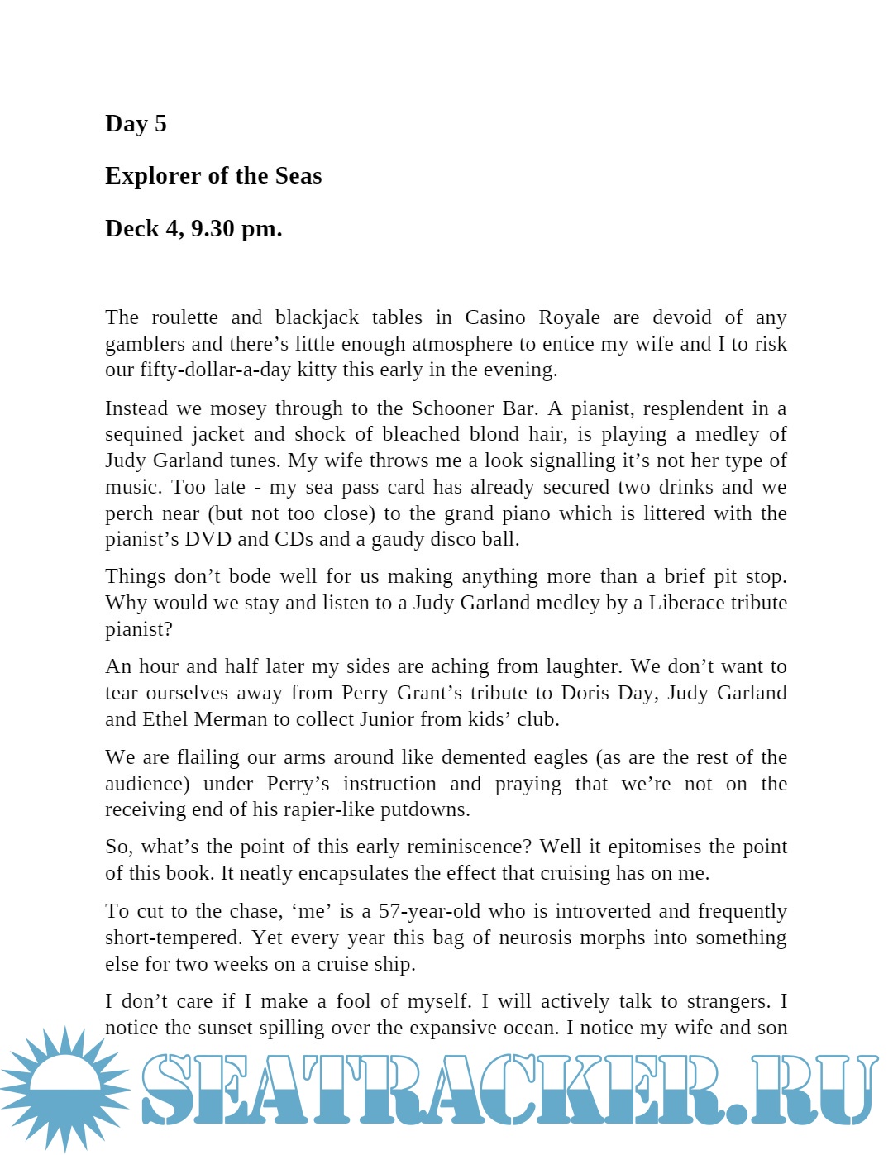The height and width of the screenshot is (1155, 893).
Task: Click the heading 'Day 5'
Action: pos(136,124)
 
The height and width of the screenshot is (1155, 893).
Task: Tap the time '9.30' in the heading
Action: pos(213,229)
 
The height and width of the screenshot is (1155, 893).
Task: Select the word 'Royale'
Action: pos(569,317)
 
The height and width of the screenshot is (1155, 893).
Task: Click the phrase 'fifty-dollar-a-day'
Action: pos(215,370)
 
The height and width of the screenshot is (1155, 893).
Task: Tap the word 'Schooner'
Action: pos(452,408)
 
